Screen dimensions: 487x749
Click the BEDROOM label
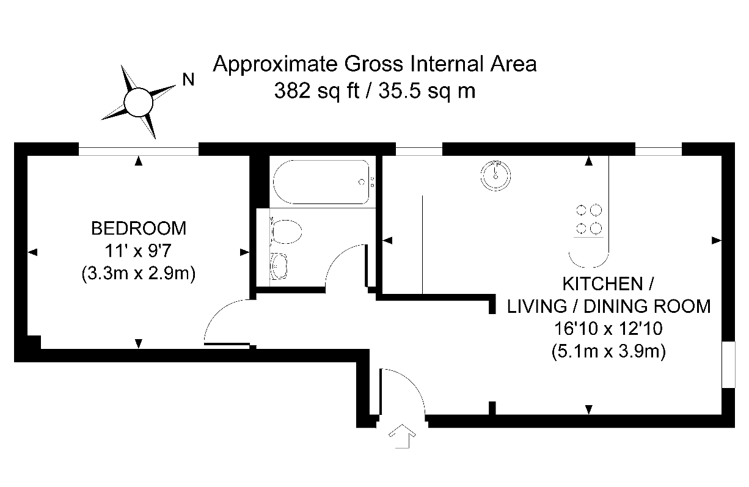coord(138,229)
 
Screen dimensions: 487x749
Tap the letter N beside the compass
coord(189,79)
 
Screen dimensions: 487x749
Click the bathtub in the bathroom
coord(321,182)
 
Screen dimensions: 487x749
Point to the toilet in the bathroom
coord(286,233)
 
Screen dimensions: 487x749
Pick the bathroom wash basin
coord(280,266)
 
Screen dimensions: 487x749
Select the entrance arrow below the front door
coord(401,436)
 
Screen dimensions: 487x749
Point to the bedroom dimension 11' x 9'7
coord(138,251)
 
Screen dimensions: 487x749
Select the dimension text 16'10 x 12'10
coord(608,329)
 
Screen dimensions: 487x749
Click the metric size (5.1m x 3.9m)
coord(608,351)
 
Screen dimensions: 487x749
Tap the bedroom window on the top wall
coord(139,148)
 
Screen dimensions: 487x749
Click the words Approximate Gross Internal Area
coord(374,64)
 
